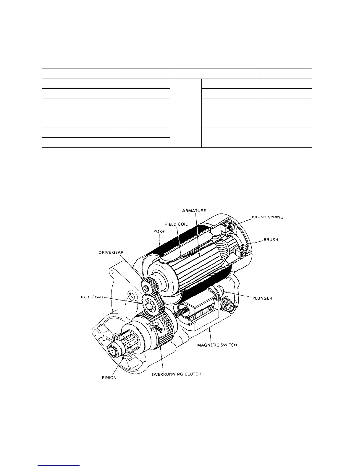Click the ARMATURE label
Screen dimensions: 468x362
pos(194,211)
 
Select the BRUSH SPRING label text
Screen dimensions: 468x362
pos(267,217)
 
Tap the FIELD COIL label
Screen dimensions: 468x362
pos(176,224)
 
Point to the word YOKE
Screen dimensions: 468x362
pos(159,231)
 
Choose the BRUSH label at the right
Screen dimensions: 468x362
pos(271,240)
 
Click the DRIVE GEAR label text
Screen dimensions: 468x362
pos(111,252)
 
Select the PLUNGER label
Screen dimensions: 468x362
pos(262,298)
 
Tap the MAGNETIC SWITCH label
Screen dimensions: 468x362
pos(217,345)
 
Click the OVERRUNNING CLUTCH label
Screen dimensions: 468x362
pos(177,374)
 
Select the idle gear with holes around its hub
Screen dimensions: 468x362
pos(151,304)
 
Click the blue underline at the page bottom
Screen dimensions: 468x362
pos(59,465)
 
